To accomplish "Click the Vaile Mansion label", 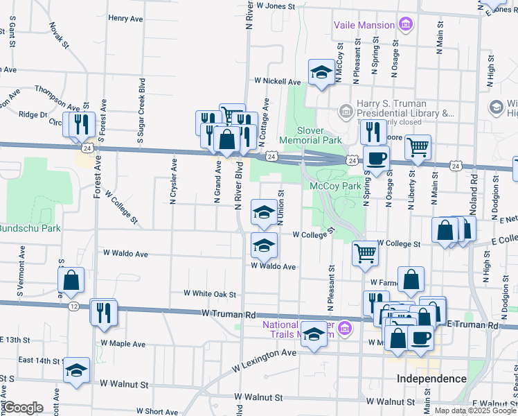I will click(364, 26).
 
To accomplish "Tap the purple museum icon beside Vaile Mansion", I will click(406, 26).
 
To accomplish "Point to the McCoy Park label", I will click(335, 186).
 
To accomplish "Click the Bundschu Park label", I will click(30, 228).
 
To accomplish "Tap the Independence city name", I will click(431, 379).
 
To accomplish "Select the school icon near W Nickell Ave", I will click(321, 73).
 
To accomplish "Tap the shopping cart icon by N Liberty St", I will click(418, 146).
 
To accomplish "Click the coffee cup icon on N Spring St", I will click(376, 157).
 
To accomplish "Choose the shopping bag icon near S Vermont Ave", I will click(71, 279).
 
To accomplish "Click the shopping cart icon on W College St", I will click(365, 252).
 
